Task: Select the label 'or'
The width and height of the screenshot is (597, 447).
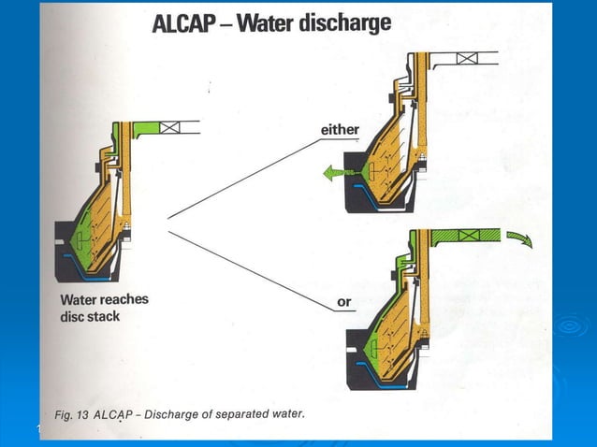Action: coord(343,302)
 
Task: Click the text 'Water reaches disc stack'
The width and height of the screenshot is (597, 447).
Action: coord(104,309)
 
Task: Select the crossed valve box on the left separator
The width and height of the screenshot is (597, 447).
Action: coord(171,127)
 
